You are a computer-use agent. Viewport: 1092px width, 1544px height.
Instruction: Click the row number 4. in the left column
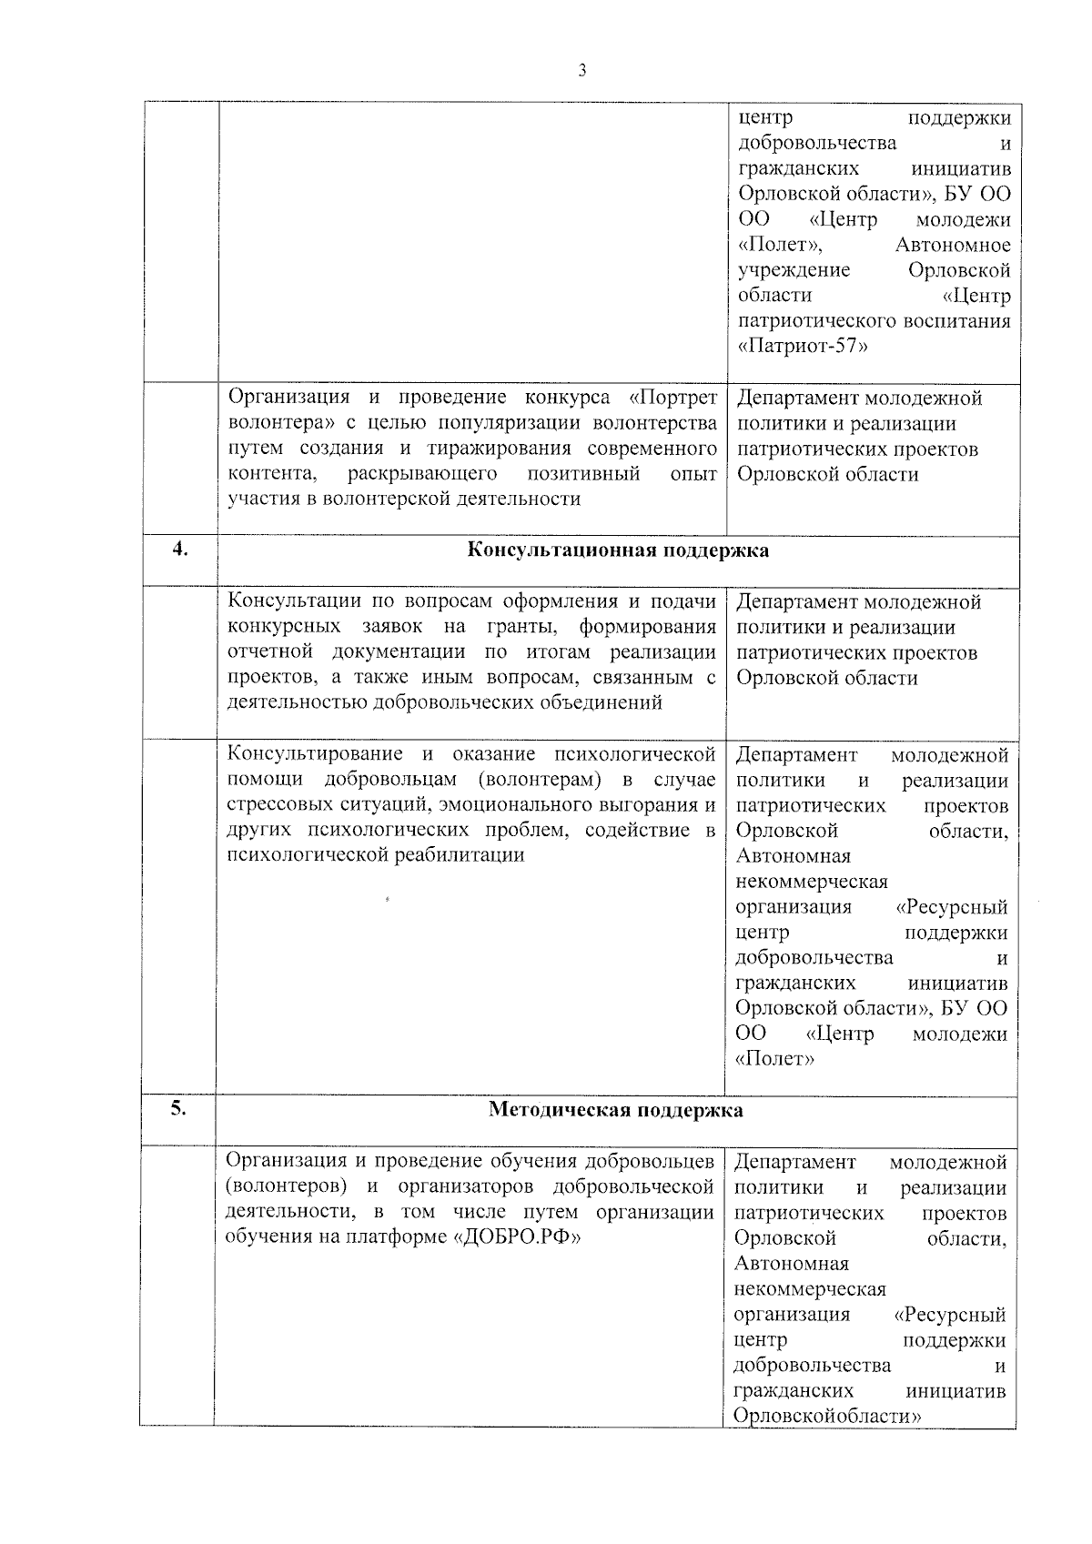point(181,549)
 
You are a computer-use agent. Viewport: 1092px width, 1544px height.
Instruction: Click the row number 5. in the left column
point(178,1108)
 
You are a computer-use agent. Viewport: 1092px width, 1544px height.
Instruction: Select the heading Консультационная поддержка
point(618,550)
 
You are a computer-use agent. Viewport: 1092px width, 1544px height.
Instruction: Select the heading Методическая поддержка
point(616,1110)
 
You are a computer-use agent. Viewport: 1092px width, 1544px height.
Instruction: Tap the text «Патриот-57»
point(802,347)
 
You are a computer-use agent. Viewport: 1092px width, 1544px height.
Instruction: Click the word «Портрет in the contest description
point(672,398)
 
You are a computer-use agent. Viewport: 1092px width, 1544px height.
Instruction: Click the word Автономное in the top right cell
point(953,245)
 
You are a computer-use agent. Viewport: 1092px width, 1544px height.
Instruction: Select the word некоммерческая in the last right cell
point(810,1289)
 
